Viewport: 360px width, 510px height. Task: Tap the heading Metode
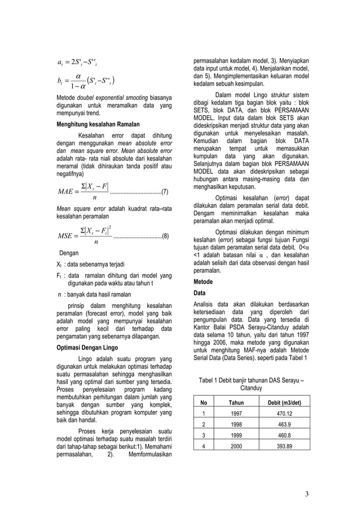[x=203, y=281]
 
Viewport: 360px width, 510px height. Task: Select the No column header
[x=204, y=403]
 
